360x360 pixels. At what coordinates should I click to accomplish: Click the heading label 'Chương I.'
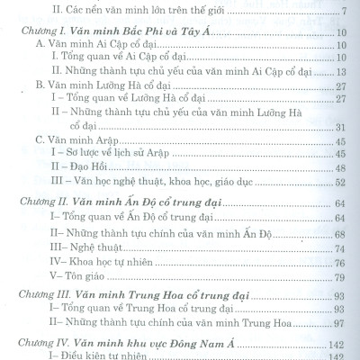tap(39, 31)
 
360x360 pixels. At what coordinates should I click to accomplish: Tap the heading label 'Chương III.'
tap(42, 295)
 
